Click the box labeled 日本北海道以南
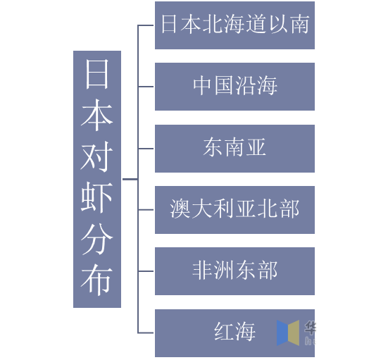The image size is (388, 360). coord(234,25)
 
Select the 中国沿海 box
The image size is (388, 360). coord(234,87)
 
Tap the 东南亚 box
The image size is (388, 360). coord(234,149)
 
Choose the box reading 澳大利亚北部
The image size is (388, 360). coord(234,210)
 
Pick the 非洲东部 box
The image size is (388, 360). coord(234,271)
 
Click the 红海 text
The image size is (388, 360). coord(234,331)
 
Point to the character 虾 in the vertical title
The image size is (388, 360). coord(96,197)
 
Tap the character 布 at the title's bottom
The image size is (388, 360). coord(96,280)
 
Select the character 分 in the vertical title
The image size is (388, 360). coord(96,239)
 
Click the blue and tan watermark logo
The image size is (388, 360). coord(288,333)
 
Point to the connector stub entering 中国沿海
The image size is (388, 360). coord(146,87)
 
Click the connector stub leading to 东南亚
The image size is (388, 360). coord(146,149)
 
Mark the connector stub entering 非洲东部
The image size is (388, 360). coord(146,271)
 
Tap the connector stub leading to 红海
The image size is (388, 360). coord(146,333)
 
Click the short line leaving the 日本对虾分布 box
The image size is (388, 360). coord(130,179)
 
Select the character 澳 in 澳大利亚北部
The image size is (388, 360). coord(180,209)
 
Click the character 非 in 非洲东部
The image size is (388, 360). coord(202,270)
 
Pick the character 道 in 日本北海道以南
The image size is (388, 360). coord(256,24)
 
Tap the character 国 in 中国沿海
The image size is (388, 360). coord(224,85)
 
